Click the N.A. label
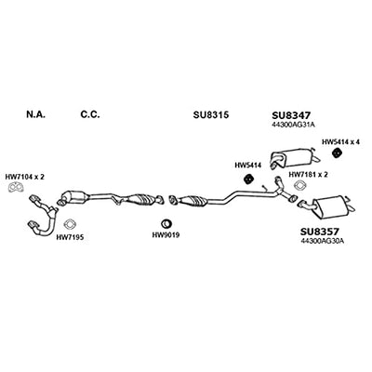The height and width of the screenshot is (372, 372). pos(35,114)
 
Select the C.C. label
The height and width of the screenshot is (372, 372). pos(90,114)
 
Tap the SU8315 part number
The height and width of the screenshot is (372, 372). pos(211,115)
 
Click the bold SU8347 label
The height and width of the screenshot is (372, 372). pos(291,115)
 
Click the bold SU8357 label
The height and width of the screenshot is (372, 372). pos(320,232)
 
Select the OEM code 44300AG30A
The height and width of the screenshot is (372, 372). pos(323,241)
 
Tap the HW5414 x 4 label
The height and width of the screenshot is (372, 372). pos(340,142)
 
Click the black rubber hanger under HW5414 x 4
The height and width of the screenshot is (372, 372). pos(337,153)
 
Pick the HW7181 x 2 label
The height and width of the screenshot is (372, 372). pos(308,175)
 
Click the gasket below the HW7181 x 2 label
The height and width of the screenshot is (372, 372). pos(300,185)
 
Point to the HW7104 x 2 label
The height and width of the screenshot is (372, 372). pos(25,177)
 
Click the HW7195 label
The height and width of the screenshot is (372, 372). pos(70,238)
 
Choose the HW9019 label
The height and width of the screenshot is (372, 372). pos(166,235)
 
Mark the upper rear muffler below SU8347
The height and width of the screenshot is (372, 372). pos(295,157)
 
